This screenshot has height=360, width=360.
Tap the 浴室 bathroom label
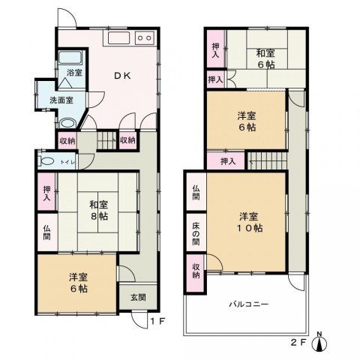pos(73,73)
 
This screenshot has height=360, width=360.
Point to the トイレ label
pos(65,160)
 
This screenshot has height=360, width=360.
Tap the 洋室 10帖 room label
pos(249,222)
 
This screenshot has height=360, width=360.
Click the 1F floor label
pos(155,322)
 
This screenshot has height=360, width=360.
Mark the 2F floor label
pos(298,345)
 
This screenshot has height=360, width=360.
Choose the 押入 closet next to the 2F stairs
pos(228,160)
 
